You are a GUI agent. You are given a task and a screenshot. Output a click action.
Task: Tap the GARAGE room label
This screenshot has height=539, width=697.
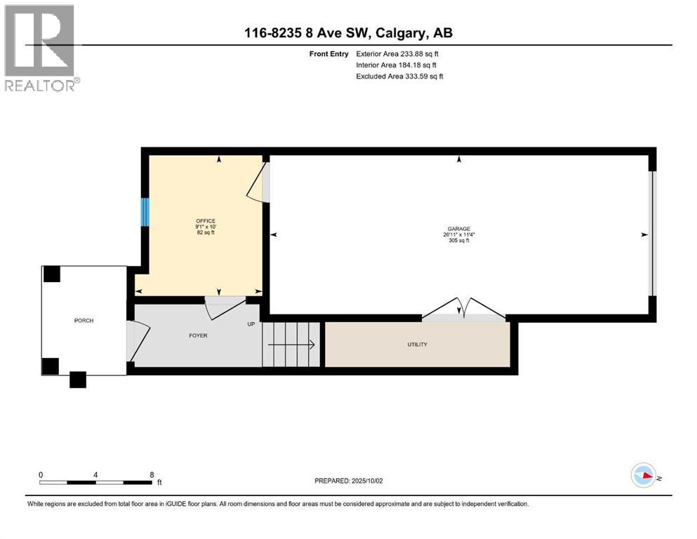[x=458, y=229]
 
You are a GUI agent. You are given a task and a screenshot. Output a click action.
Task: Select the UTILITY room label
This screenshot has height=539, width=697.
[x=417, y=345]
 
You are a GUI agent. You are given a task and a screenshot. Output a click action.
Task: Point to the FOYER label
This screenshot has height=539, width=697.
[x=197, y=335]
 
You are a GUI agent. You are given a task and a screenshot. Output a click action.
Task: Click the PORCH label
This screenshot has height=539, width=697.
[x=84, y=321]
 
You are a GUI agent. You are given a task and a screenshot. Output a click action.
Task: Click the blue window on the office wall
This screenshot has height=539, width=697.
[x=145, y=212]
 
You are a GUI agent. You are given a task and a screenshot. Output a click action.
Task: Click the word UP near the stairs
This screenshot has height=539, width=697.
[x=251, y=324]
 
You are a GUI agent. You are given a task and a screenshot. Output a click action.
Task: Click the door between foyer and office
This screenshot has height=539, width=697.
[x=223, y=306]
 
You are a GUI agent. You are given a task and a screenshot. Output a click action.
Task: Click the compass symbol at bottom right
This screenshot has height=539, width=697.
[x=643, y=476]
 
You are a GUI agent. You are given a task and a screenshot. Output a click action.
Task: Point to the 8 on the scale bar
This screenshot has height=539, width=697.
[x=152, y=474]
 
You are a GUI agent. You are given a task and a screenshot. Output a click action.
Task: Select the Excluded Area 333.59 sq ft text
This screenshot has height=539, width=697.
[x=399, y=76]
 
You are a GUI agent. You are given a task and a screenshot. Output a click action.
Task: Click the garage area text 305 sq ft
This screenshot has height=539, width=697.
[x=458, y=241]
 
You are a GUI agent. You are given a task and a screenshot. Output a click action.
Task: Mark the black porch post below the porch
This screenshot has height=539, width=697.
[x=77, y=380]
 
